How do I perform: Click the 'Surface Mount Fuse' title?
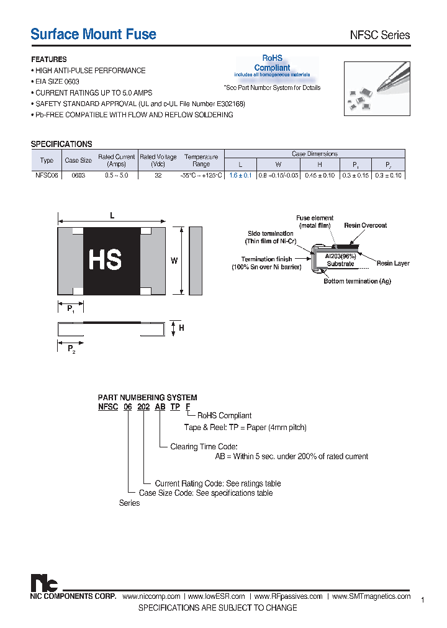click(93, 34)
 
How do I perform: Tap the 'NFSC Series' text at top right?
click(380, 35)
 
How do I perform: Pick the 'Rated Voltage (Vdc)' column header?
click(158, 160)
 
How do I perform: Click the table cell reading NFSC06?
click(47, 176)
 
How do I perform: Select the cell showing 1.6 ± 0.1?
click(240, 176)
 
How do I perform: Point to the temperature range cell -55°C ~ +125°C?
click(201, 176)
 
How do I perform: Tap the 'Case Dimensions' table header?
click(314, 153)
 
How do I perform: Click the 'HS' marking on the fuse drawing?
click(105, 260)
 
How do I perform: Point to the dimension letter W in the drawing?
click(174, 261)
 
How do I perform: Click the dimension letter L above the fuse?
click(112, 215)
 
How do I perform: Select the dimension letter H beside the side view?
click(181, 328)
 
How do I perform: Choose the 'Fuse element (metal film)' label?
click(315, 222)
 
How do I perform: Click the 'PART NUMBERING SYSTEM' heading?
click(147, 397)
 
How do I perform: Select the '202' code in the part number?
click(145, 407)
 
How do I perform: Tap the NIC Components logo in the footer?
click(44, 583)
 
